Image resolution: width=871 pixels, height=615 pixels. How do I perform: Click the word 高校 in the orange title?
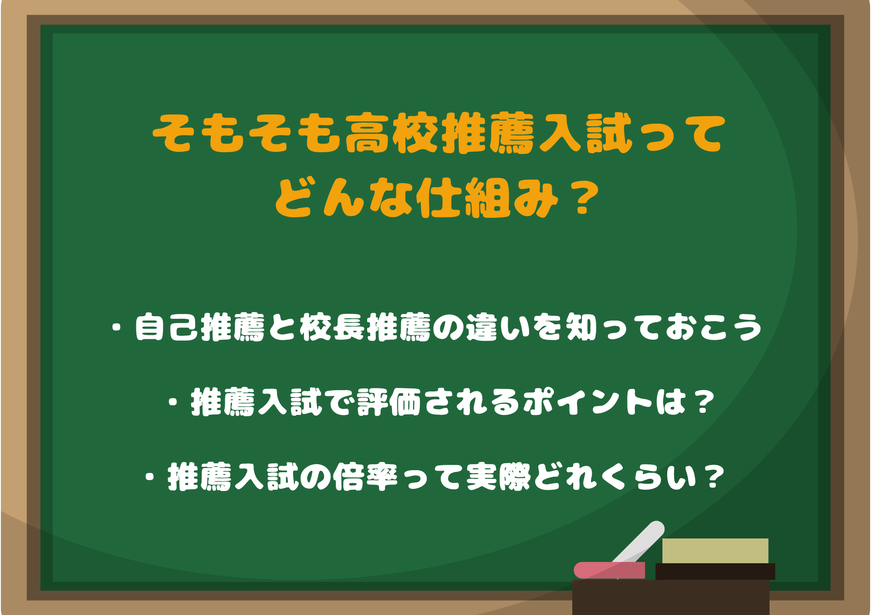click(392, 133)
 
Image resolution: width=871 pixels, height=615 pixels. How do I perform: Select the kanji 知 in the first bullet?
click(581, 327)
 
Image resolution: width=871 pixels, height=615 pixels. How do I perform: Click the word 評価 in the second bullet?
click(389, 402)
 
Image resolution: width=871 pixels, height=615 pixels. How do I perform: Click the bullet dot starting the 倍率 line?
click(150, 477)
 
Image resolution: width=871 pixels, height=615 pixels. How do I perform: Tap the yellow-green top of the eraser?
click(715, 551)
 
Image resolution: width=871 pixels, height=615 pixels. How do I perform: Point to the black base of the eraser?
click(715, 571)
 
